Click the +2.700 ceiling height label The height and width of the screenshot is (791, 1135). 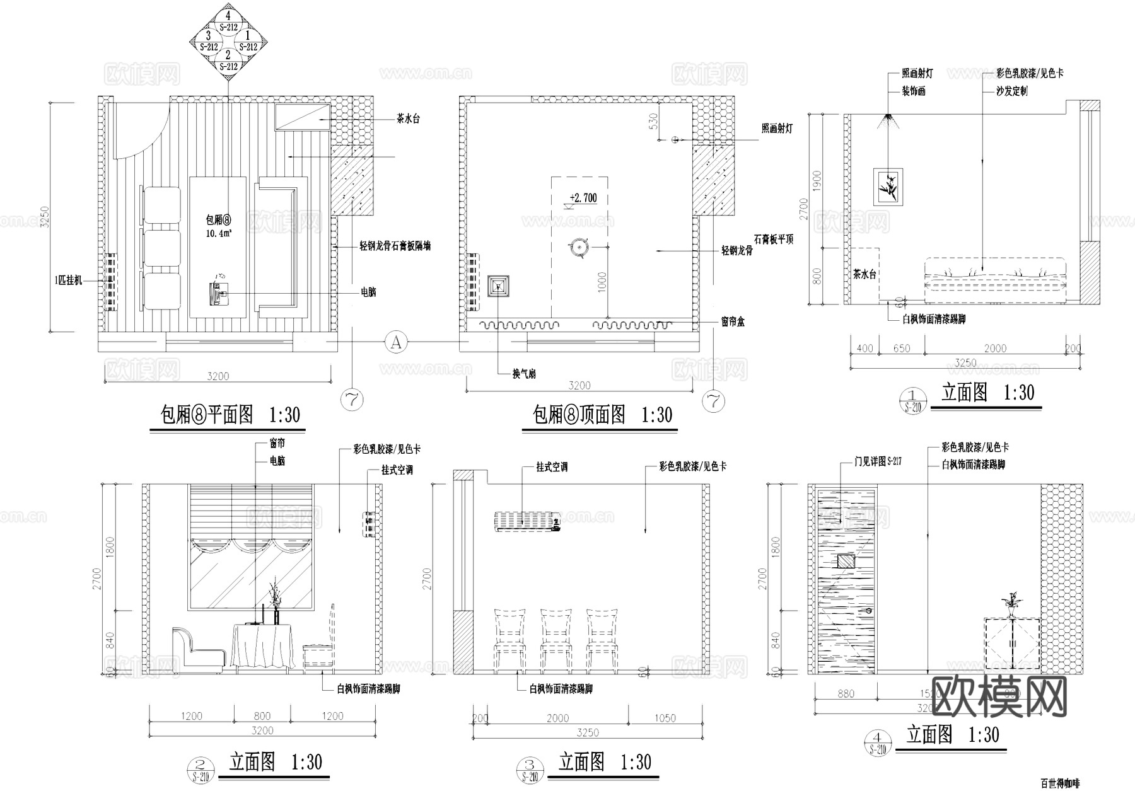point(583,198)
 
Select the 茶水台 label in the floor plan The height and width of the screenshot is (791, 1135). point(408,118)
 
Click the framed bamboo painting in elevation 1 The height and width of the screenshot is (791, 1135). point(888,186)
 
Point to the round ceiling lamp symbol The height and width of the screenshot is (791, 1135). point(579,248)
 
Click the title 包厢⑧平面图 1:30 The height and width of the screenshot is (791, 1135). point(230,415)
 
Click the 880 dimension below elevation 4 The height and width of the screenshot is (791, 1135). point(845,694)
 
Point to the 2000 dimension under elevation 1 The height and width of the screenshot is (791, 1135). point(995,349)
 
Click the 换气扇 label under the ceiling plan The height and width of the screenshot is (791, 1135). point(524,374)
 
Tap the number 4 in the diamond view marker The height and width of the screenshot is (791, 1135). point(228,15)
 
